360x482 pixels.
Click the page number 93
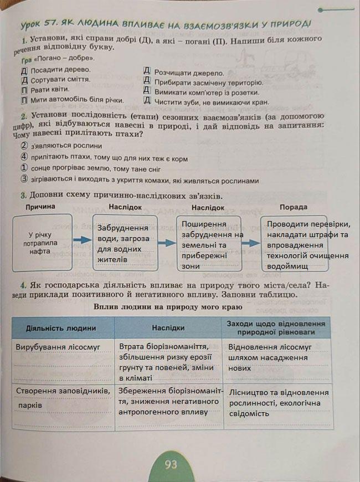(171, 464)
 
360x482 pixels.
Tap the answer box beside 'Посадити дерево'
(24, 71)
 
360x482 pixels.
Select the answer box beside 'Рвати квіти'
(24, 90)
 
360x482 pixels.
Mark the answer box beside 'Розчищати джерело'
(147, 72)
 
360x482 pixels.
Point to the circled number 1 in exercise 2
(24, 168)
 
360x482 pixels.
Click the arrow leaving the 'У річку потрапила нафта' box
(82, 240)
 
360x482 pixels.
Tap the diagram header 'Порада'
(294, 207)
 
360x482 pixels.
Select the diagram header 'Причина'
(40, 207)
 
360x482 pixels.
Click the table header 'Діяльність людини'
(61, 328)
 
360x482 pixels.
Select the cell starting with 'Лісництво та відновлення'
(279, 403)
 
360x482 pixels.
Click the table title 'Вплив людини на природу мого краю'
(168, 307)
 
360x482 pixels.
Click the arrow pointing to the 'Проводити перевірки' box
(253, 243)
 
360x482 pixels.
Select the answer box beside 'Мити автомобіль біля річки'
(24, 100)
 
